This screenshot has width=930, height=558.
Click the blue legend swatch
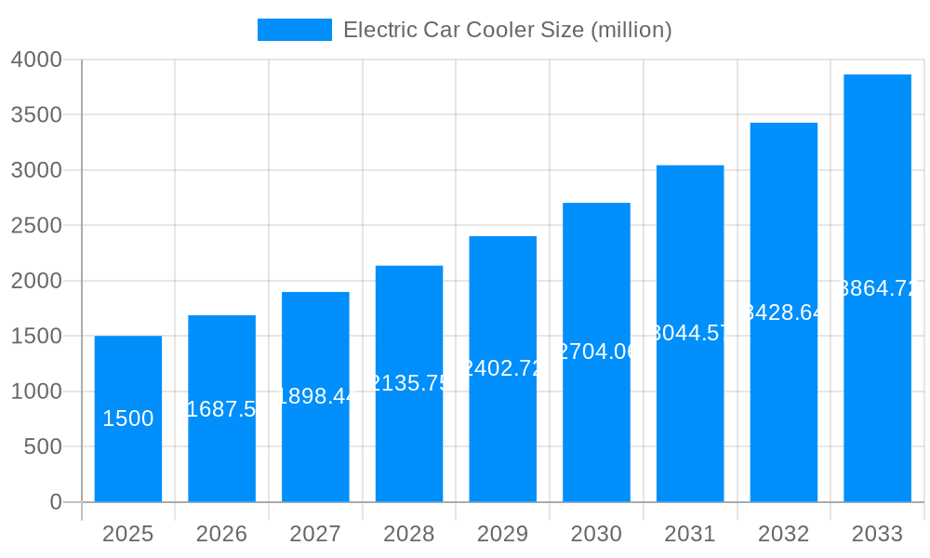(x=294, y=30)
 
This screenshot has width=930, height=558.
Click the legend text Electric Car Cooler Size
(x=507, y=30)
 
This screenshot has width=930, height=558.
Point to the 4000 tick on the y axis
(x=36, y=60)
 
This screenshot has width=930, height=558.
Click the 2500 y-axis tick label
(x=36, y=226)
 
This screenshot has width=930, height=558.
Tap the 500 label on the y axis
(x=43, y=447)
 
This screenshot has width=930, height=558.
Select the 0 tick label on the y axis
(x=55, y=502)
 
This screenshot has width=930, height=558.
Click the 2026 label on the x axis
(x=221, y=534)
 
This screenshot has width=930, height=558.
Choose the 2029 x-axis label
(x=502, y=534)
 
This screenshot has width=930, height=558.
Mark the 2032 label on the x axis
(x=783, y=534)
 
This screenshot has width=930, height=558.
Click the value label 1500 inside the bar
(x=128, y=418)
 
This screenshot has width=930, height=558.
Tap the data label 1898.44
(x=315, y=396)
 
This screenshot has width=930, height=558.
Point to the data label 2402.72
(x=502, y=368)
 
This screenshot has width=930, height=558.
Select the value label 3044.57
(x=690, y=333)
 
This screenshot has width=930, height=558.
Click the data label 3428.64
(x=783, y=312)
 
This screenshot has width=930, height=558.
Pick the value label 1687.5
(x=221, y=409)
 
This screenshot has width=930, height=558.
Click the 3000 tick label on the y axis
(x=36, y=170)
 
